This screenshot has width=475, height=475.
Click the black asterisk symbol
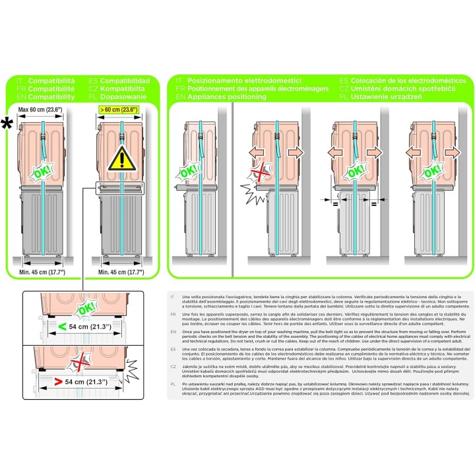pos(9,123)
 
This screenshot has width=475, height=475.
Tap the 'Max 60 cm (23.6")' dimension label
pos(40,110)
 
